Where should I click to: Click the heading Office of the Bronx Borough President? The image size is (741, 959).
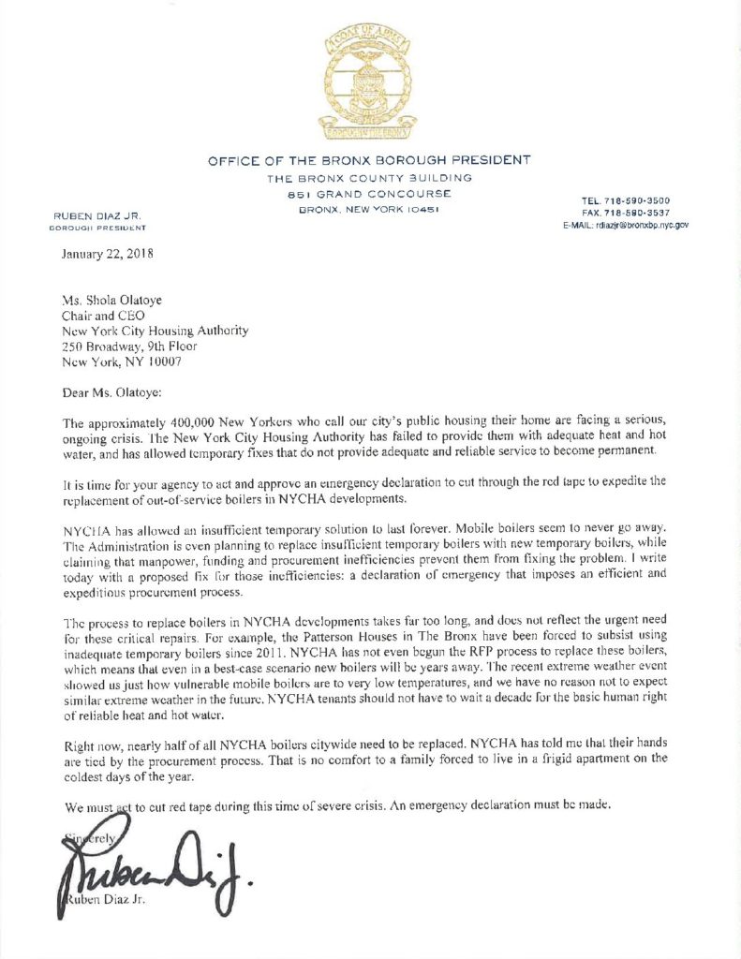click(369, 161)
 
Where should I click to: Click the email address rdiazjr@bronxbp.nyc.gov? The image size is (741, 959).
click(626, 226)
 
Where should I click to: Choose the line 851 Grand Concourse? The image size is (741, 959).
click(369, 193)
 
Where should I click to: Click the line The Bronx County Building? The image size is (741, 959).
click(369, 178)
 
